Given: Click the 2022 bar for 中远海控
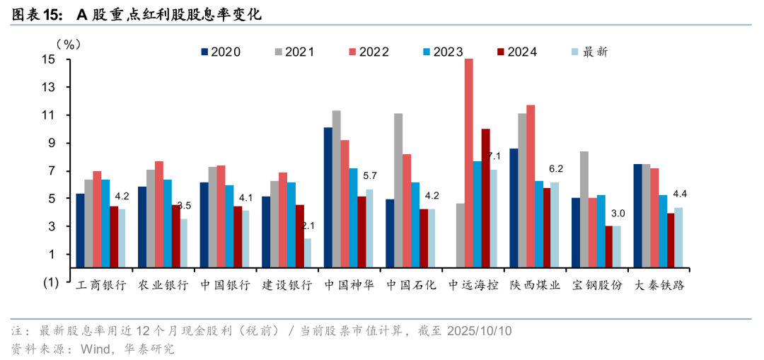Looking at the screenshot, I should click(x=468, y=163).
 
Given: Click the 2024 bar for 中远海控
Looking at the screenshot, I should click(x=485, y=198).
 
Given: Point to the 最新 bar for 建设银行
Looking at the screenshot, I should click(x=308, y=252).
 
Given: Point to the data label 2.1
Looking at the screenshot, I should click(x=308, y=226).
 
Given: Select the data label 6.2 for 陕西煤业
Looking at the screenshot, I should click(x=556, y=169).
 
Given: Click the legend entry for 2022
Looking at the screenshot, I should click(x=368, y=52).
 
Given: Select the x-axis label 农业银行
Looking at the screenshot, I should click(x=163, y=286).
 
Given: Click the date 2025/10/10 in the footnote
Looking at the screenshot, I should click(x=479, y=330).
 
